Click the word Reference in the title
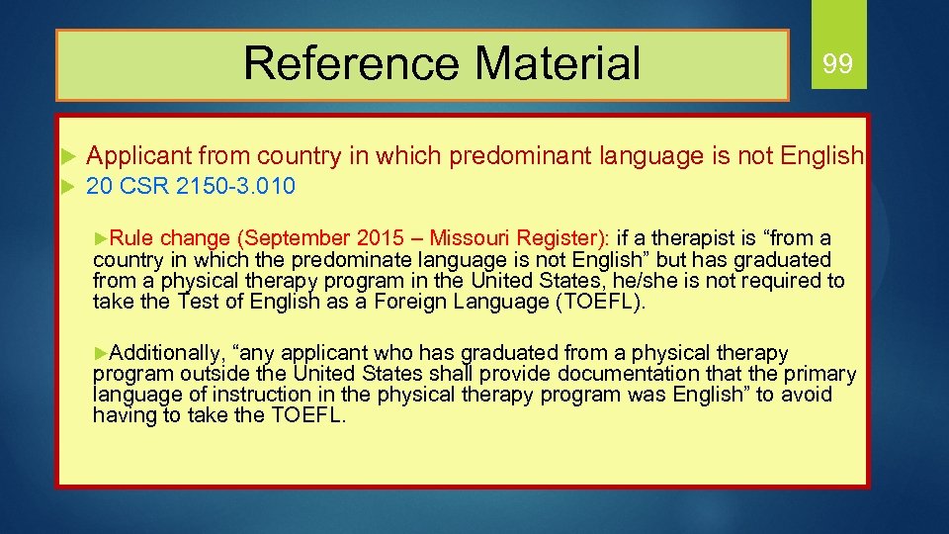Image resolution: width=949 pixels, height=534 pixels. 351,63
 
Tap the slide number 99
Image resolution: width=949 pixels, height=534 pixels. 837,65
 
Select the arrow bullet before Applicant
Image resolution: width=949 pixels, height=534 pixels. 67,155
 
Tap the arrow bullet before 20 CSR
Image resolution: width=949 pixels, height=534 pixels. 67,186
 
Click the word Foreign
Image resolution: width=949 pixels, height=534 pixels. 408,302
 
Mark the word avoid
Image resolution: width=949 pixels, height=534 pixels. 807,395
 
